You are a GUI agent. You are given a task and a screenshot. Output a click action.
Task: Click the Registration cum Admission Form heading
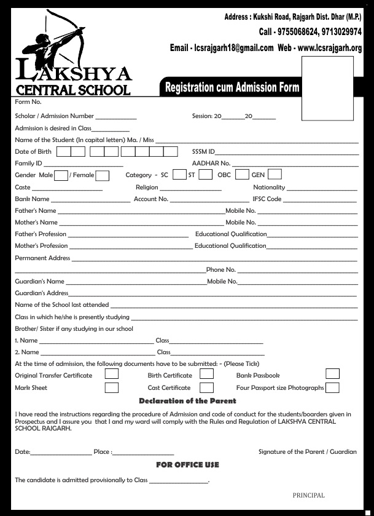(x=232, y=88)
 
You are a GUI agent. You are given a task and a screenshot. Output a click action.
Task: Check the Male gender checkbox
(x=61, y=175)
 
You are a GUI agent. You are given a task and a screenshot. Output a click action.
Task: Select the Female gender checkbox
(x=102, y=175)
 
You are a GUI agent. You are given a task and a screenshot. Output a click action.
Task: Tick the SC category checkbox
(x=179, y=175)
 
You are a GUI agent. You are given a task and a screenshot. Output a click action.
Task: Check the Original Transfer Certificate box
(x=112, y=374)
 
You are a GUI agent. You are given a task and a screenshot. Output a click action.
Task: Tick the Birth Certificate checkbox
(x=206, y=374)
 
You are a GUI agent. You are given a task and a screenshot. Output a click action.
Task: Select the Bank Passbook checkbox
(x=332, y=374)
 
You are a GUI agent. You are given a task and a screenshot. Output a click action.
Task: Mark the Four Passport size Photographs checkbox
(x=332, y=387)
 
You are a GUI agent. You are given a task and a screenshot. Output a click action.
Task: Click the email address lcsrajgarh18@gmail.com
(x=230, y=48)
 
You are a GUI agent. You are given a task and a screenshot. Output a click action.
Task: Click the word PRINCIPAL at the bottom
(x=308, y=496)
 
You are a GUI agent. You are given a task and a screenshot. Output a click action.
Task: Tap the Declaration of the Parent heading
(x=187, y=401)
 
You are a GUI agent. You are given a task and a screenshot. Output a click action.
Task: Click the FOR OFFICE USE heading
(x=187, y=465)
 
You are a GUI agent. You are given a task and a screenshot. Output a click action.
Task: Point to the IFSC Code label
(x=267, y=199)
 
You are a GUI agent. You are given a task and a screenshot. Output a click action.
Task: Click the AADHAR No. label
(x=211, y=164)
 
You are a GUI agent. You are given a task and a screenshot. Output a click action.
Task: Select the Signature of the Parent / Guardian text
(x=307, y=451)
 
